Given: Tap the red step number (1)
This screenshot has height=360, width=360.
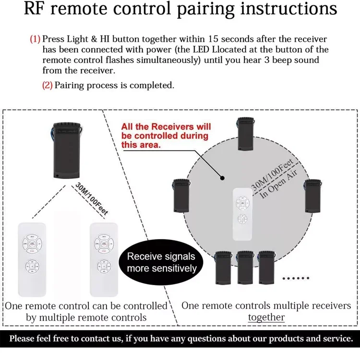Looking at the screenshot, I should pyautogui.click(x=36, y=39).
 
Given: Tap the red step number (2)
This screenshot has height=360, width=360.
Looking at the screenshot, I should pyautogui.click(x=48, y=85).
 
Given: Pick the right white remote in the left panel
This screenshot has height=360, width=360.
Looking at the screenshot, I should pyautogui.click(x=104, y=259).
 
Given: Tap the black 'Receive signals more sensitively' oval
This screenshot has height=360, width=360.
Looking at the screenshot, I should pyautogui.click(x=161, y=262).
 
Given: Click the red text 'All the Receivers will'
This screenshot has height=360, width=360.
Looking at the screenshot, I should pyautogui.click(x=166, y=127).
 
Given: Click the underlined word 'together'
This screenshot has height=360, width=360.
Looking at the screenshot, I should pyautogui.click(x=266, y=317).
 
